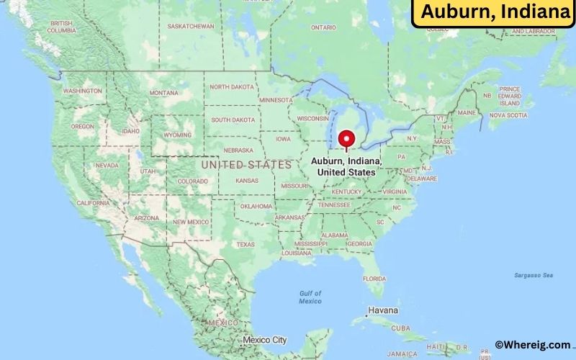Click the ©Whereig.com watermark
532,345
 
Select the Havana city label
382,311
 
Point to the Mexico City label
264,340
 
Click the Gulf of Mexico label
310,297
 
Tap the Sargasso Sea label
534,275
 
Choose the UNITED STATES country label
246,165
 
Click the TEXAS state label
246,244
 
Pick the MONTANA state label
163,93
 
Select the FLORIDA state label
374,279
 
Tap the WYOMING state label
177,135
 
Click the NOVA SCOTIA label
508,114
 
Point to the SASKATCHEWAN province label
191,26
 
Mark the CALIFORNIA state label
94,203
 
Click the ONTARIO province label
323,27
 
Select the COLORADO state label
192,181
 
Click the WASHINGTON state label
82,91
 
